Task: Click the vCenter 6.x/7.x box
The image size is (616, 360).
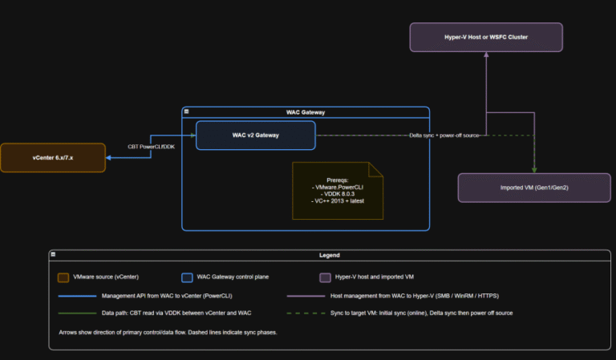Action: tap(53, 158)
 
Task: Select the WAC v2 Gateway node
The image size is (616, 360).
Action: tap(256, 136)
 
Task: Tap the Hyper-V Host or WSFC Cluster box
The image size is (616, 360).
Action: tap(485, 38)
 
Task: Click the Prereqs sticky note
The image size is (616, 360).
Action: tap(337, 190)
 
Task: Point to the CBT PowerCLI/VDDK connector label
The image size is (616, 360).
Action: tap(152, 147)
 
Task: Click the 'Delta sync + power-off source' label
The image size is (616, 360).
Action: tap(444, 136)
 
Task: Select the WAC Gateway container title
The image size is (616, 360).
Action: tap(306, 112)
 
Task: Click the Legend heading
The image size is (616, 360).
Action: tap(330, 255)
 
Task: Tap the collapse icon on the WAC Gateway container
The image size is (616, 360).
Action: tap(187, 112)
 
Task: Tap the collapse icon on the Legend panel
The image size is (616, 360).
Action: tap(53, 255)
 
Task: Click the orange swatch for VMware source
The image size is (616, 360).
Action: tap(63, 277)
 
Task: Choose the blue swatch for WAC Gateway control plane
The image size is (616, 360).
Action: tap(187, 277)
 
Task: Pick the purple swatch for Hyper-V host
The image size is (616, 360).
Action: tap(325, 277)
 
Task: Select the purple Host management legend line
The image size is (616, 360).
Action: tap(306, 295)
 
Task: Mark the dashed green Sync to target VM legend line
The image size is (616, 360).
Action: tap(306, 313)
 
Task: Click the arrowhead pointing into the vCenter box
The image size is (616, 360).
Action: tap(110, 158)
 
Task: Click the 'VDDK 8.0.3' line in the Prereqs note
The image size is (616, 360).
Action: tap(337, 193)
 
